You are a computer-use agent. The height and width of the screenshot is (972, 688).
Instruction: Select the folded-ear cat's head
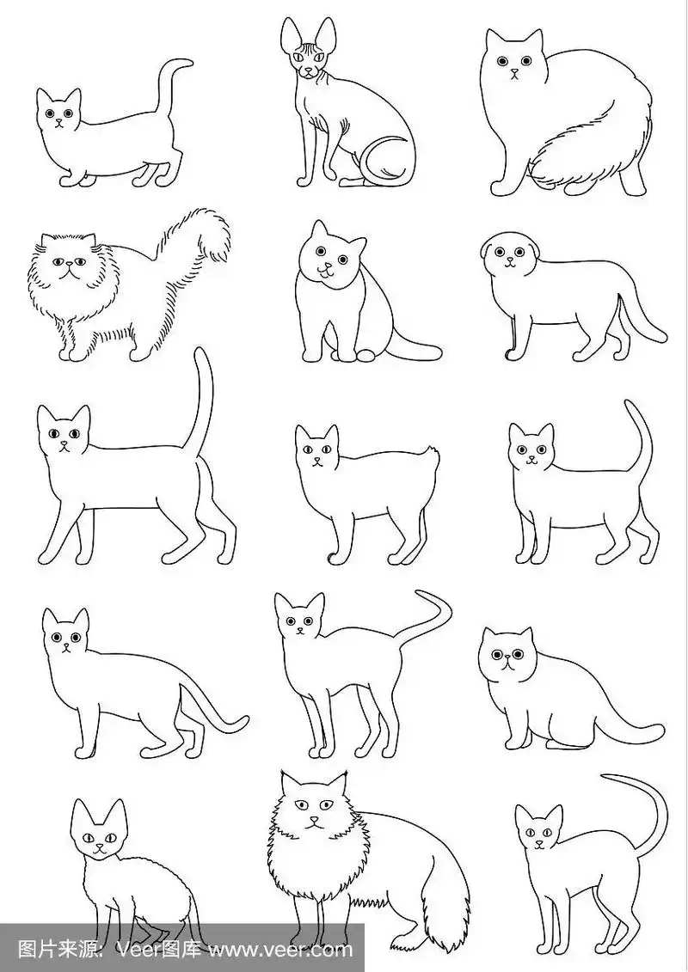(507, 253)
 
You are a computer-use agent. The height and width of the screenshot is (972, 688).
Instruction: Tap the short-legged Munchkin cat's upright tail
(171, 86)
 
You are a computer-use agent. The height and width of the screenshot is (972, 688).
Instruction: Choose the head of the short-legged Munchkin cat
(58, 113)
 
